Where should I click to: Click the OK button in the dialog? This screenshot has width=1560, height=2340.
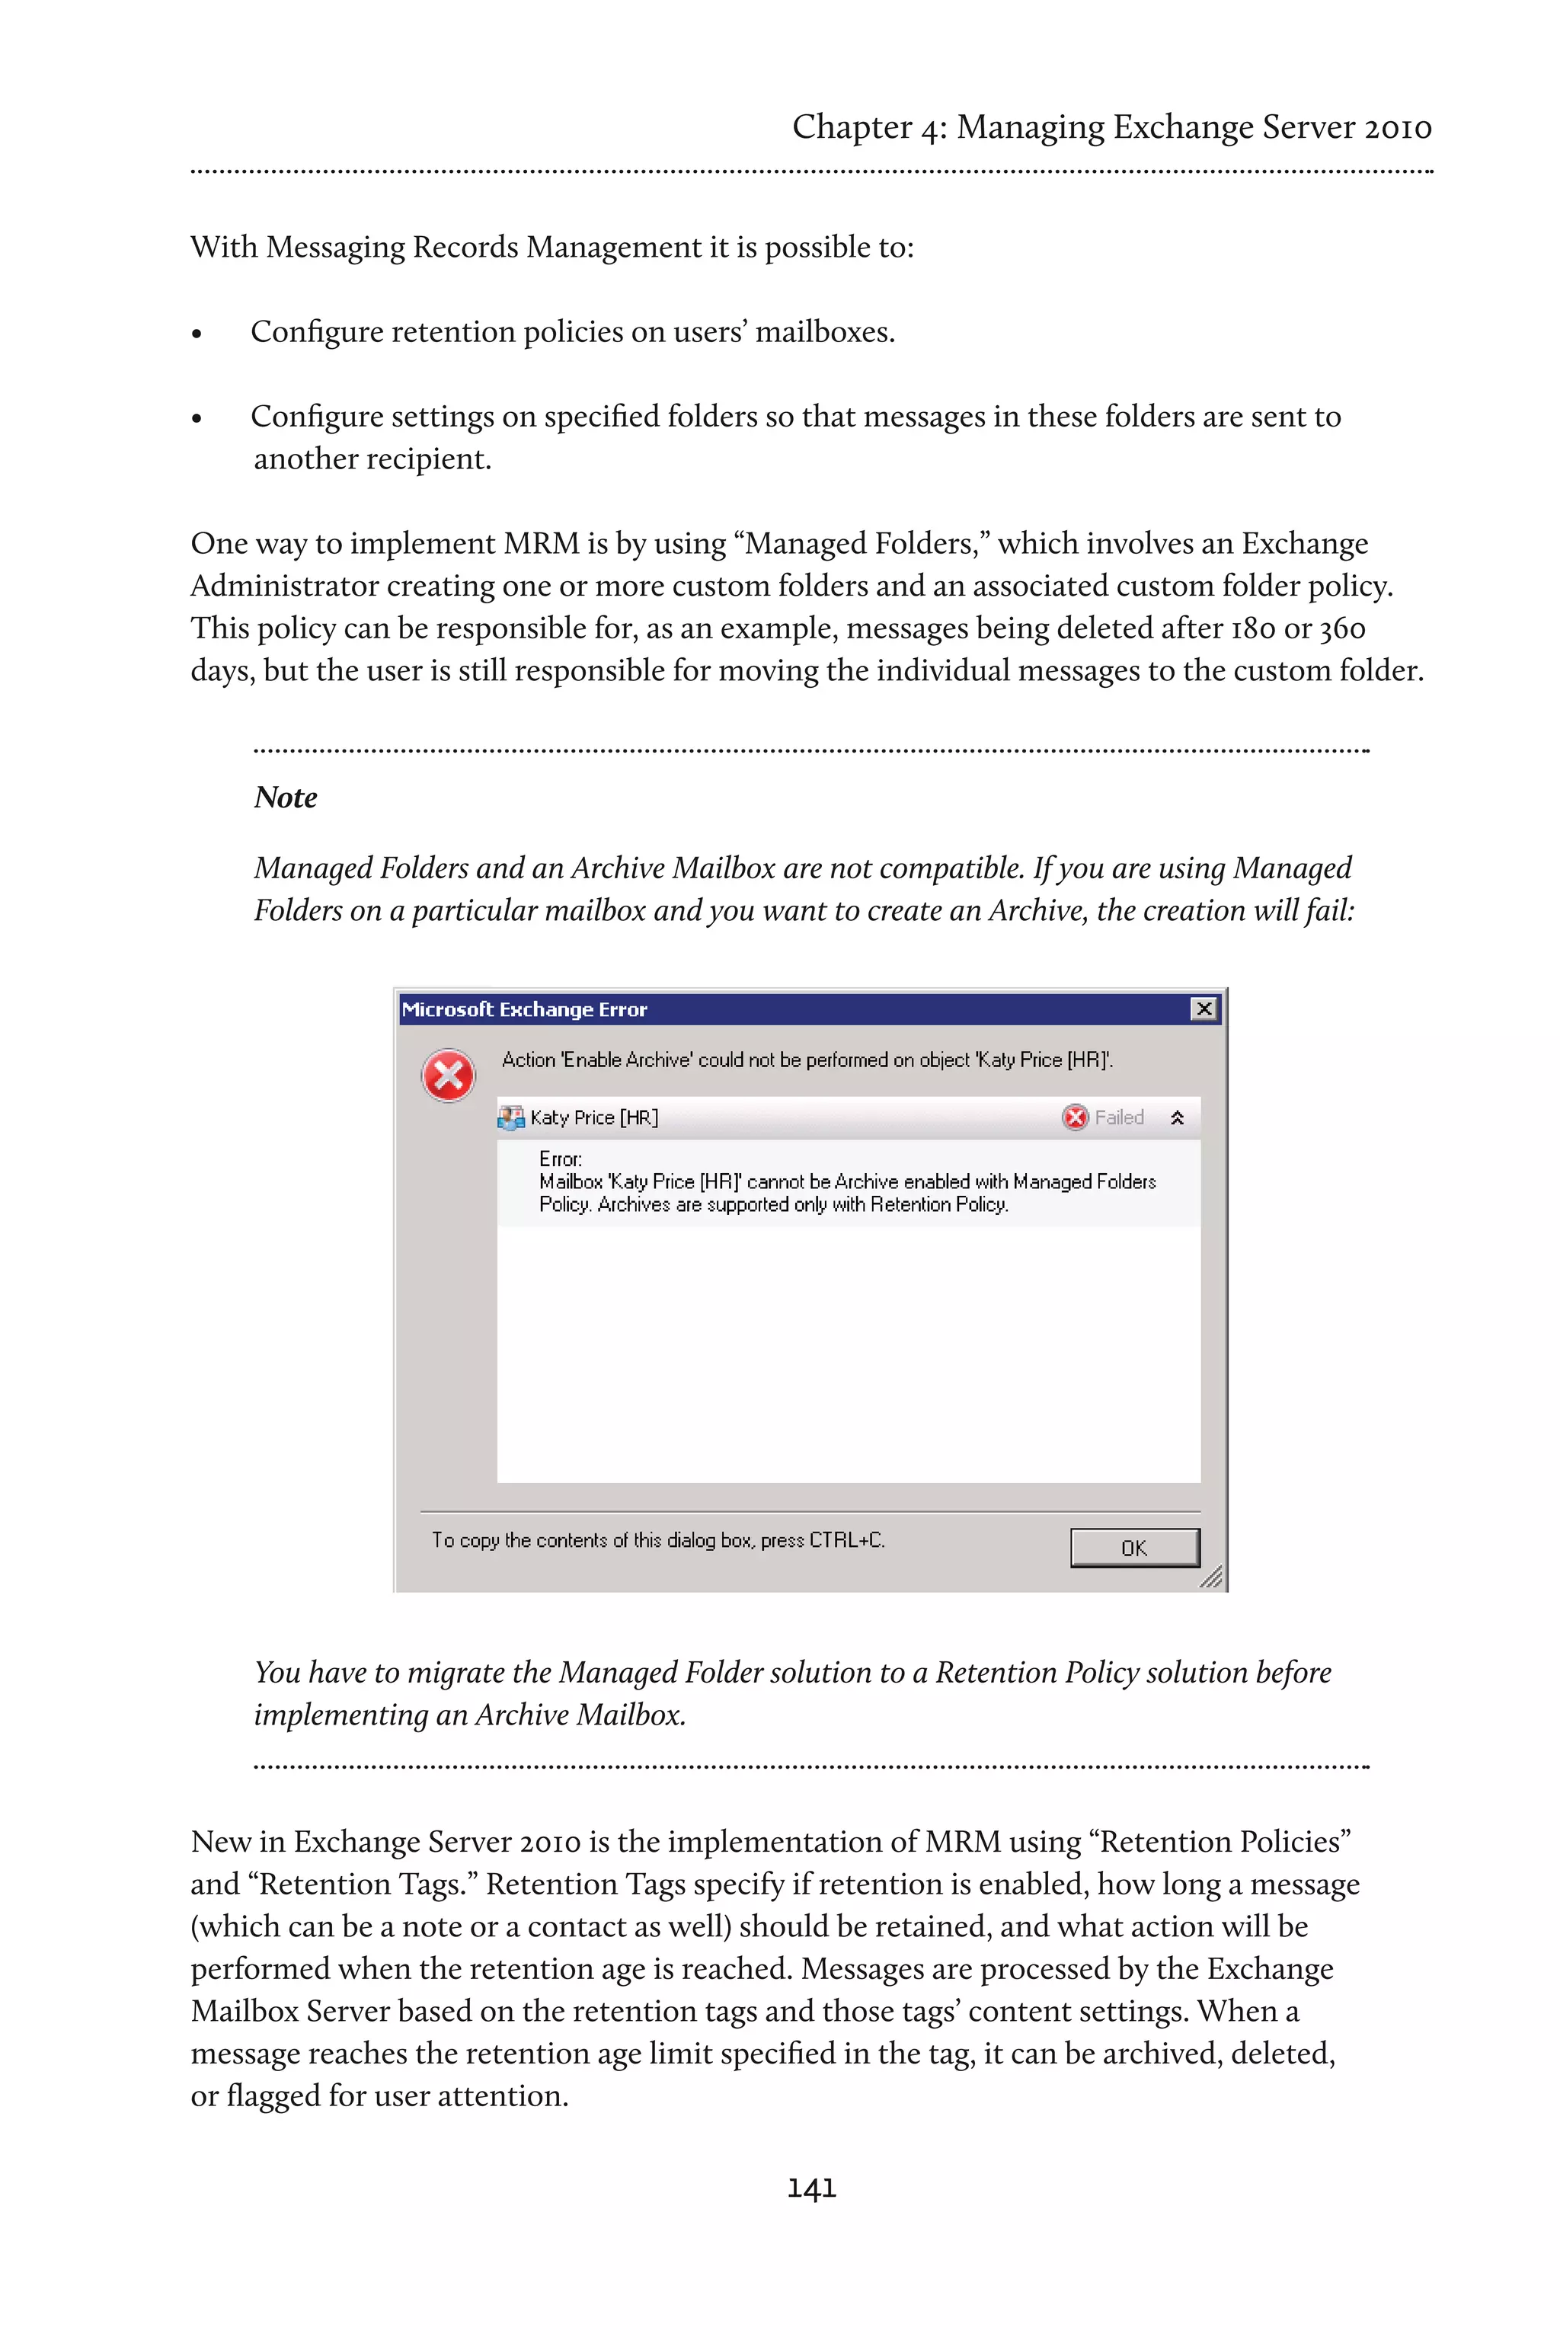click(1134, 1548)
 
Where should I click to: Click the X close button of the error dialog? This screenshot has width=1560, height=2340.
click(1204, 1009)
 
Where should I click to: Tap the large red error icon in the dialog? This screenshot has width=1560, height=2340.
click(449, 1076)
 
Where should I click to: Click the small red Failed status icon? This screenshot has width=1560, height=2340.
click(1075, 1117)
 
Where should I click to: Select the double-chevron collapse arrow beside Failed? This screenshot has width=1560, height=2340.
click(1177, 1117)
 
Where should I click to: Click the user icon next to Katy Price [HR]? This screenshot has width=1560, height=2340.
click(510, 1117)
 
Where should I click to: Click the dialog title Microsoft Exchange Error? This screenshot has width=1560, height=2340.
click(524, 1009)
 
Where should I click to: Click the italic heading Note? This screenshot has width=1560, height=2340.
click(286, 797)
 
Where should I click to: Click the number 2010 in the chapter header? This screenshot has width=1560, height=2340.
click(1397, 127)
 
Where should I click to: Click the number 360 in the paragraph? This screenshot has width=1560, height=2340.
click(1342, 628)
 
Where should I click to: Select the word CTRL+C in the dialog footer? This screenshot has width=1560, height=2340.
click(846, 1540)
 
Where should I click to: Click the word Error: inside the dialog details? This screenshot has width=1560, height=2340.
click(560, 1159)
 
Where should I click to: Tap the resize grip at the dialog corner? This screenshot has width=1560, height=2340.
click(1211, 1577)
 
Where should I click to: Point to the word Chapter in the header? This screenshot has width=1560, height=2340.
click(852, 127)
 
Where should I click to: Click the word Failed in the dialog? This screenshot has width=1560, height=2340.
click(1119, 1117)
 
